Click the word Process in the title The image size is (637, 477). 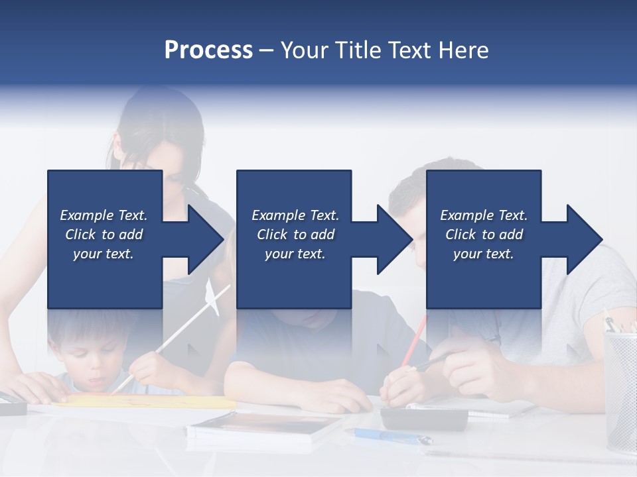pyautogui.click(x=208, y=50)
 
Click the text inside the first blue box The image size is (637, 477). pyautogui.click(x=104, y=235)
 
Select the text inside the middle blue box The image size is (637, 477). pyautogui.click(x=295, y=235)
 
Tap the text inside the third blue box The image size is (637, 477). pyautogui.click(x=484, y=235)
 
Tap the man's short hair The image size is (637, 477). pyautogui.click(x=425, y=179)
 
